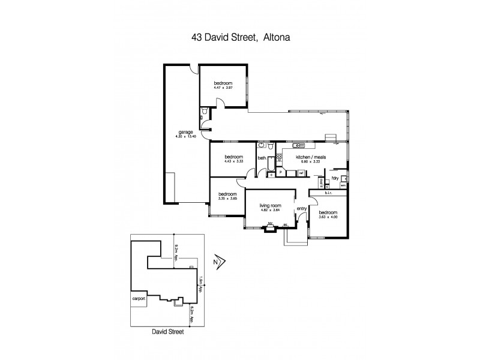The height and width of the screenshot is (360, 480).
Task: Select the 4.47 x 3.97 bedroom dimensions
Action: (222, 89)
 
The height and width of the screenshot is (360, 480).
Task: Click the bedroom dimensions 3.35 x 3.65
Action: (227, 198)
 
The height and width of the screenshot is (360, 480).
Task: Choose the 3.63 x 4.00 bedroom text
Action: (328, 216)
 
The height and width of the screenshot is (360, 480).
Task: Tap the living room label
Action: (269, 209)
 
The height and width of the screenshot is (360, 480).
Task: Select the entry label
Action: (301, 208)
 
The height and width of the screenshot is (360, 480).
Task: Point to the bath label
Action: (262, 158)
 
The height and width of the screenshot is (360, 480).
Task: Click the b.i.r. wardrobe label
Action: (328, 193)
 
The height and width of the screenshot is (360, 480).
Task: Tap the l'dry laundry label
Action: (335, 178)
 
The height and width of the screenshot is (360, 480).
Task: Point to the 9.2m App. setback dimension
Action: (176, 254)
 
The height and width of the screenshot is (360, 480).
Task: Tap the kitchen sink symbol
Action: (299, 146)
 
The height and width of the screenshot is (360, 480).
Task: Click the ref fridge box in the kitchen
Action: (293, 173)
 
